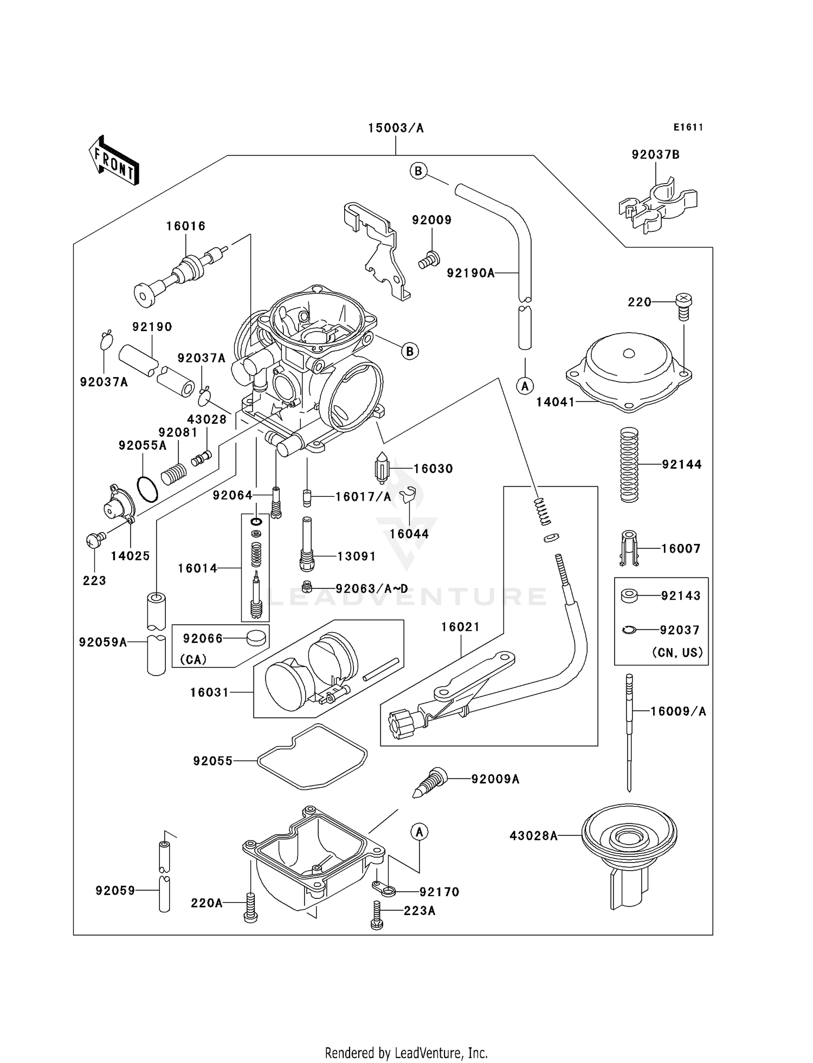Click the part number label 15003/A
395,128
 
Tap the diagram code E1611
688,127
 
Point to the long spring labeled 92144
629,464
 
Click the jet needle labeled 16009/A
629,731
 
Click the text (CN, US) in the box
677,653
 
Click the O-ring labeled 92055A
147,489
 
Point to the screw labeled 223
94,540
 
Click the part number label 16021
460,627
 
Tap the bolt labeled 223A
377,916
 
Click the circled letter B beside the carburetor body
410,351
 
